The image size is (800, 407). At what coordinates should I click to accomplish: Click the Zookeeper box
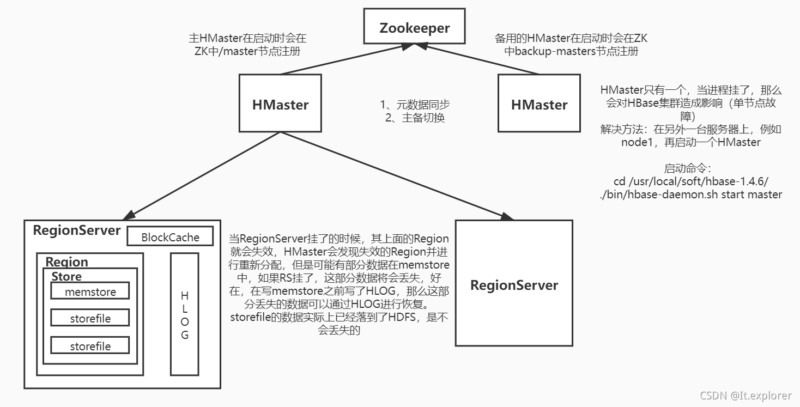(415, 27)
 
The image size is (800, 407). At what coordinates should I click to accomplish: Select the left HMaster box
(280, 104)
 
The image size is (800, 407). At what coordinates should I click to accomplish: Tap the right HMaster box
(539, 104)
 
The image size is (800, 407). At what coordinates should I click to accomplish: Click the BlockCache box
(170, 237)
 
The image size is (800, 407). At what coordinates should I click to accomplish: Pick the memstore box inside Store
(90, 291)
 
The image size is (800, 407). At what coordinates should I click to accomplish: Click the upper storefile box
(90, 318)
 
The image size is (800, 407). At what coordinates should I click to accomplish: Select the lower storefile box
(90, 345)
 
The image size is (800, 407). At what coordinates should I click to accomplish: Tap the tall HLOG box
(184, 314)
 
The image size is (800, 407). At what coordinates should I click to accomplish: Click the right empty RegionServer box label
(514, 284)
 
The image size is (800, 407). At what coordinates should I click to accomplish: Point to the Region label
(66, 262)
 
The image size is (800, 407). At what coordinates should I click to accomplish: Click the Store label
(66, 276)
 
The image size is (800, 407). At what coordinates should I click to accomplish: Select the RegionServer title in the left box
(76, 230)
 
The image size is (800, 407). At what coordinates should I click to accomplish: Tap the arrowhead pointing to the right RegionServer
(506, 216)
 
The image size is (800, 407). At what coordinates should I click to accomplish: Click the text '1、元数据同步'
(415, 104)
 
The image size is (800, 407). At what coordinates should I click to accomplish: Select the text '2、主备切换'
(415, 117)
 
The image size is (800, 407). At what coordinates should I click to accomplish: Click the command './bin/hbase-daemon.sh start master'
(690, 195)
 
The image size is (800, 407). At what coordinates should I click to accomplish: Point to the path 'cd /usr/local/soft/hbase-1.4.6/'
(690, 181)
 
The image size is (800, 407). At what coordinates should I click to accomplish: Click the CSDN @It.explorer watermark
(746, 396)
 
